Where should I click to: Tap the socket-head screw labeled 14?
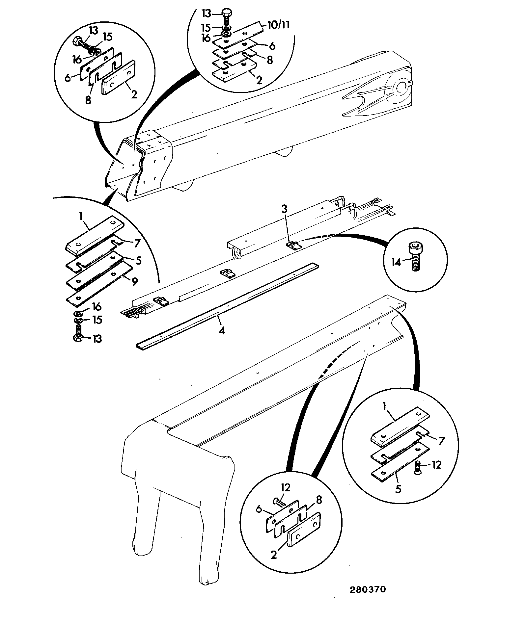click(414, 256)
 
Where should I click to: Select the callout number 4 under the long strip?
click(222, 330)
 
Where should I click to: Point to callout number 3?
click(285, 209)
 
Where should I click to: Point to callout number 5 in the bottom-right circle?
click(399, 498)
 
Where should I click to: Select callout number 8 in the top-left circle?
click(88, 100)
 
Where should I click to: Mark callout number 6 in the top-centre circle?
click(272, 46)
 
